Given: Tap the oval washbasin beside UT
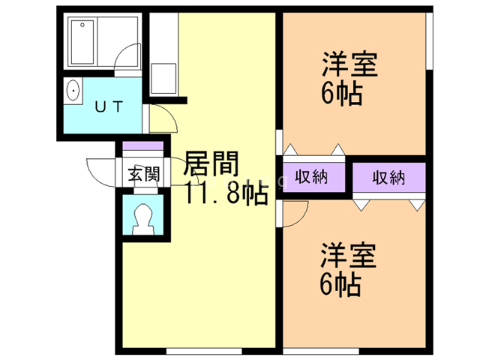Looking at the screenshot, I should point(73,91).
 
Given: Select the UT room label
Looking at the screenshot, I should point(108,106).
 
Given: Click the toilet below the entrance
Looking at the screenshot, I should point(142,217).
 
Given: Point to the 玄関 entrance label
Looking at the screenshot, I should point(142,176).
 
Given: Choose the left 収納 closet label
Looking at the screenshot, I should point(311,178).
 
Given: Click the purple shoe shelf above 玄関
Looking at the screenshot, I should point(142,147).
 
